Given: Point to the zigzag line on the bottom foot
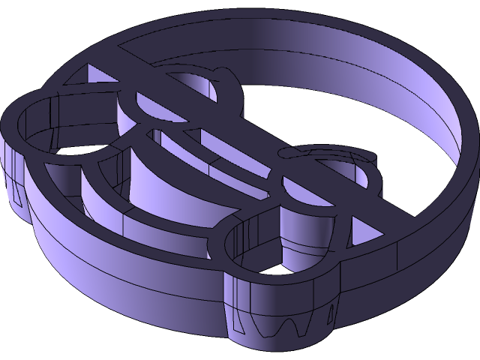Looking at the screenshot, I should pyautogui.click(x=289, y=327).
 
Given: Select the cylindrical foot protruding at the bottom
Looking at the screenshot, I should pyautogui.click(x=277, y=315).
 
